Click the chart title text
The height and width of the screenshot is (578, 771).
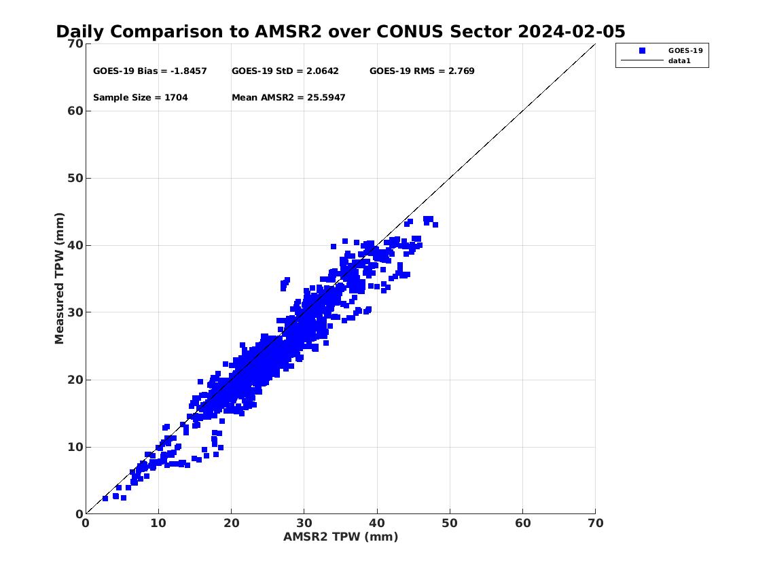coord(340,31)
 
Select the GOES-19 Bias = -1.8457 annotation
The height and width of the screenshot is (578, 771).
coord(150,71)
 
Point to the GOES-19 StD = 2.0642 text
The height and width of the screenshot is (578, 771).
coord(285,71)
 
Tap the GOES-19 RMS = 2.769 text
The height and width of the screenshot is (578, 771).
coord(422,71)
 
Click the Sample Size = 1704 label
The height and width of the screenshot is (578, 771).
coord(141,97)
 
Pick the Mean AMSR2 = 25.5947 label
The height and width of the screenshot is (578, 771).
coord(289,97)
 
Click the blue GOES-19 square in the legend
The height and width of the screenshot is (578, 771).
coord(642,51)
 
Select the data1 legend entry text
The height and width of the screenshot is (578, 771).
coord(679,61)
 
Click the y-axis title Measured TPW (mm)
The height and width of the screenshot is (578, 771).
coord(60,278)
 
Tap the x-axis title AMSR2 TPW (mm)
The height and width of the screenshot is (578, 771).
coord(341,537)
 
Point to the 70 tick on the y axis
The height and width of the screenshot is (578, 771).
coord(75,43)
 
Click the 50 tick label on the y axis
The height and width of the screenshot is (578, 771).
coord(75,178)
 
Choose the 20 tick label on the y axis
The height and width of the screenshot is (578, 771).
coord(75,380)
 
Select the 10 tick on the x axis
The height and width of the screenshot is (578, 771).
coord(158,523)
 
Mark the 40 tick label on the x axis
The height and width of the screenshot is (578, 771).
coord(376,523)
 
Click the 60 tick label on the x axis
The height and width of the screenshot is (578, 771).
coord(522,523)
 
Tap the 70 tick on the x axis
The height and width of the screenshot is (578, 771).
coord(596,523)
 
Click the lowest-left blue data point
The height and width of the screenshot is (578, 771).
coord(105,499)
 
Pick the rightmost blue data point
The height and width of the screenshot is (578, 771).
coord(435,225)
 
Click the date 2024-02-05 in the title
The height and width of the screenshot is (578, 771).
coord(571,31)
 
